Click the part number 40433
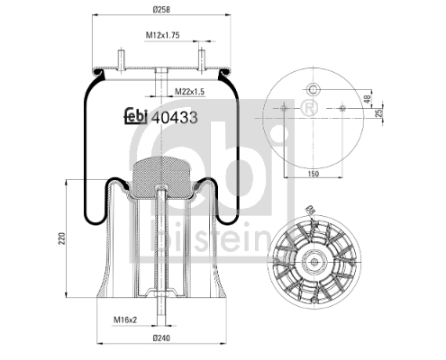[x=176, y=114]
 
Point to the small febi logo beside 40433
[x=135, y=114]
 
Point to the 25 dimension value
[x=368, y=113]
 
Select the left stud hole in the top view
[x=285, y=107]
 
